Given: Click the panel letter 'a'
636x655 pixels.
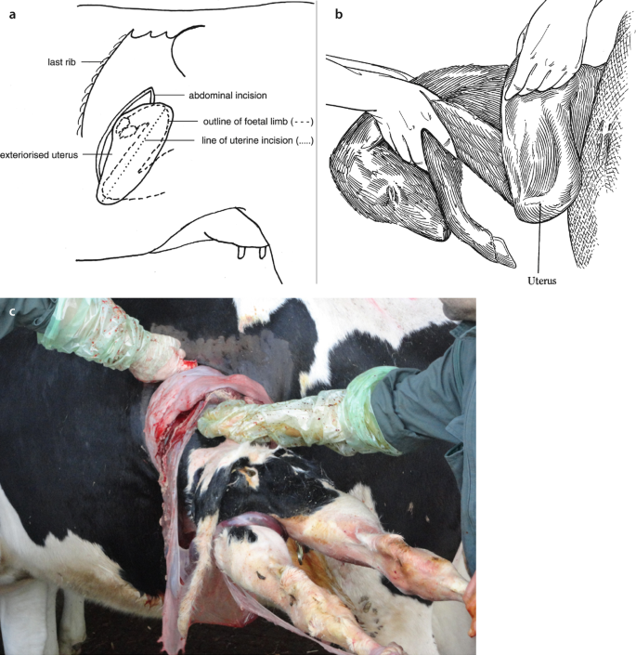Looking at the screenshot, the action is (12, 15).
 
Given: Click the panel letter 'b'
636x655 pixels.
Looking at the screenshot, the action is (339, 14).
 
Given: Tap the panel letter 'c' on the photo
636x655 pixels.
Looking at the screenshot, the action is (12, 311).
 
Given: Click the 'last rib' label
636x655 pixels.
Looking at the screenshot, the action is (62, 62).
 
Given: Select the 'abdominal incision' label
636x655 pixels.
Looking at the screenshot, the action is (227, 96).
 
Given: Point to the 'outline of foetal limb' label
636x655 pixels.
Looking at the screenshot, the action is (258, 122).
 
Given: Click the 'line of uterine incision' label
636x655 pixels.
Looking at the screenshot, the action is (257, 140).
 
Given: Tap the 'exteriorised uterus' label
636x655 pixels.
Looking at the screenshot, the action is (39, 155).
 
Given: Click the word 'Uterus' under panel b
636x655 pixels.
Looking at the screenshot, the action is (541, 281).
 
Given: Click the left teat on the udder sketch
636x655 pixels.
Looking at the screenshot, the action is (241, 253).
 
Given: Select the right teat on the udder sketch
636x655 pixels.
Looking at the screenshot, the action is (262, 253).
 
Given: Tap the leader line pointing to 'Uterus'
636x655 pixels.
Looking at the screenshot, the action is (540, 238).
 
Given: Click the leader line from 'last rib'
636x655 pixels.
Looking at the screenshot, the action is (91, 62).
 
